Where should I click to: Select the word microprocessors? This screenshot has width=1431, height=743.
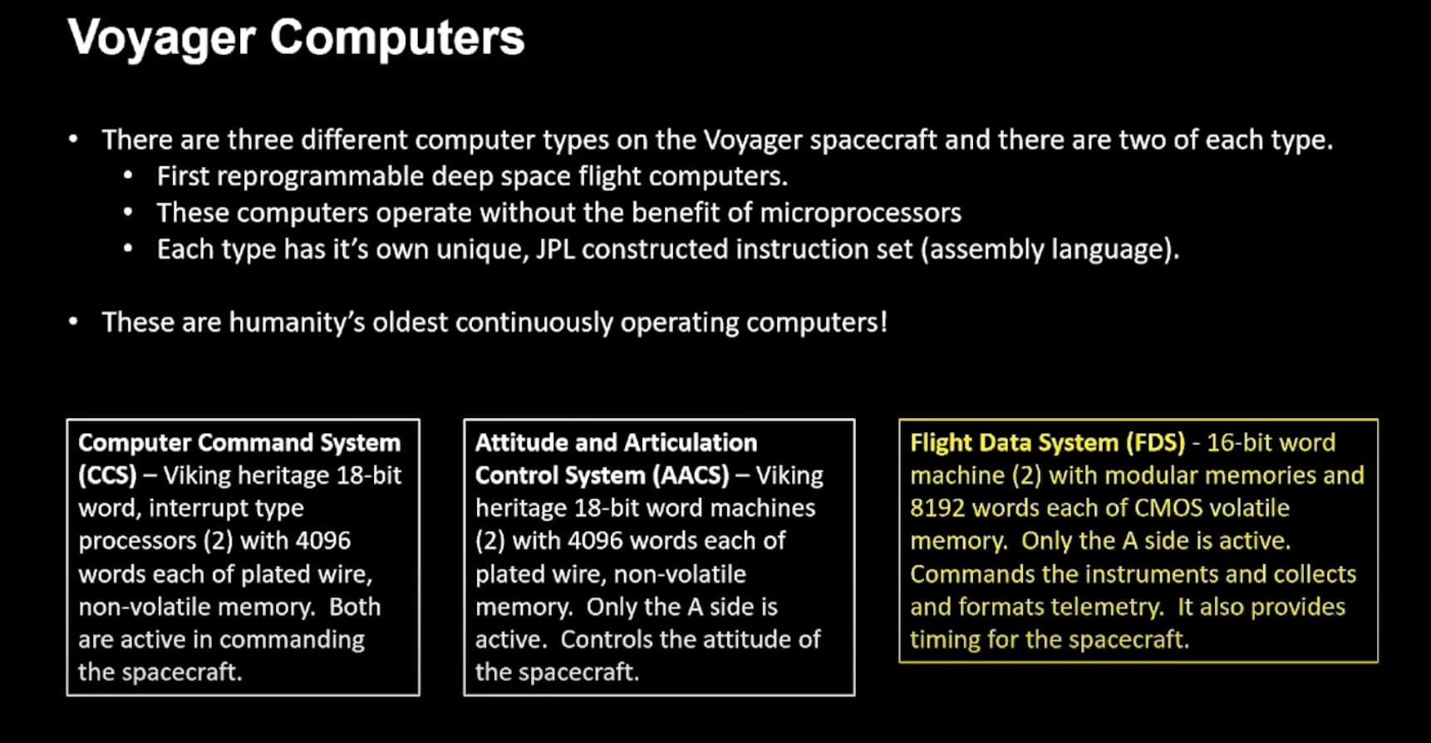point(860,213)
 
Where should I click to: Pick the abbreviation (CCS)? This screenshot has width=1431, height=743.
point(107,475)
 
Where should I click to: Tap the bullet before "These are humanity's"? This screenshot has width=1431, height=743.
point(74,322)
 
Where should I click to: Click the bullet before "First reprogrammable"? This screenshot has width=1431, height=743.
point(128,176)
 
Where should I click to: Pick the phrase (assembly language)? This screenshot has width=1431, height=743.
point(1049,249)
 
